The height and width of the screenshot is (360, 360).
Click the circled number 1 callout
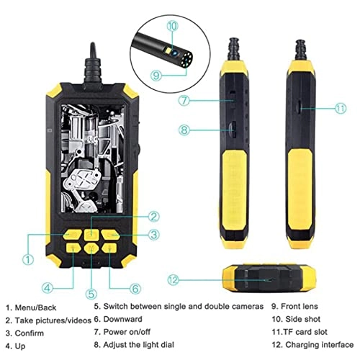point(28,259)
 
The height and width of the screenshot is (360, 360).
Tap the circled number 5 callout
point(91,294)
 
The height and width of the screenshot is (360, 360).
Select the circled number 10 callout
point(173,26)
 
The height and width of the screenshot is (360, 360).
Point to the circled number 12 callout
point(174,280)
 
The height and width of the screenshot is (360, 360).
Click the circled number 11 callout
point(341,109)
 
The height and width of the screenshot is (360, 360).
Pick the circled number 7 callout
point(184,100)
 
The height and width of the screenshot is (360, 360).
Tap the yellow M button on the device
point(91,248)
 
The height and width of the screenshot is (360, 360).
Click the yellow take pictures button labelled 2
point(91,234)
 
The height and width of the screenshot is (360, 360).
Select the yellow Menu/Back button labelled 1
point(73,234)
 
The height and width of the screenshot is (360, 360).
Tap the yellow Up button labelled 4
point(73,248)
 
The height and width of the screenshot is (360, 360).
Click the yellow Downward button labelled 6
point(109,248)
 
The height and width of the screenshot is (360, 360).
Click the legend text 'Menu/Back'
point(35,307)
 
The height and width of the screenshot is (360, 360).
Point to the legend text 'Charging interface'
point(320,345)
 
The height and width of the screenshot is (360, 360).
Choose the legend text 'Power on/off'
point(127,332)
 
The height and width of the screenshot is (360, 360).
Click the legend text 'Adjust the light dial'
point(138,345)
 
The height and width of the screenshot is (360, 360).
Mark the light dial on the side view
point(233,130)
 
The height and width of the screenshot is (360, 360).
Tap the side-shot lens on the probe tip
point(175,52)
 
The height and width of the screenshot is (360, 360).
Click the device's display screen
point(93,158)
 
